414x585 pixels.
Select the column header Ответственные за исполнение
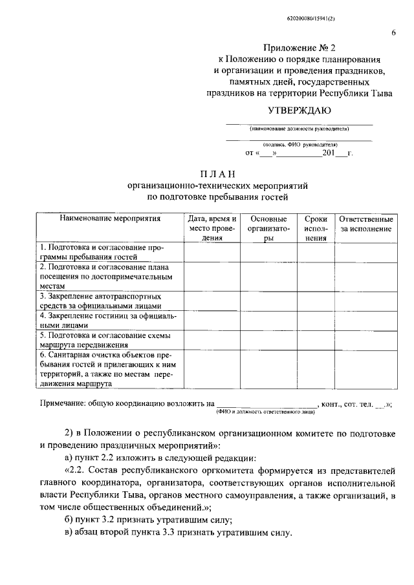366,224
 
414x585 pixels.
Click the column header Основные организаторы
268,228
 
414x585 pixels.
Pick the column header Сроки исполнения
316,228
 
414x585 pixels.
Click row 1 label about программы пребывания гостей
102,252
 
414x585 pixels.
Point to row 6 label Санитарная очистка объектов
104,369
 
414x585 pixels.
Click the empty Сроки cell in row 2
316,277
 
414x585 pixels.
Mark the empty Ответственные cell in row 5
366,340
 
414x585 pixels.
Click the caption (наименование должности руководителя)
298,129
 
